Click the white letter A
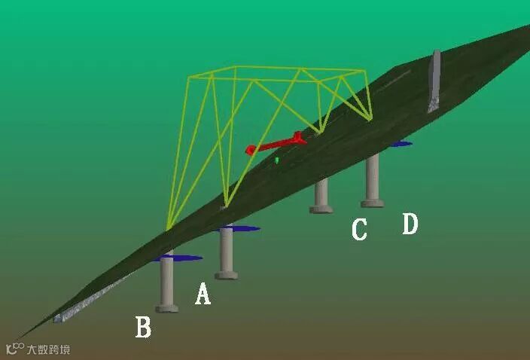(203, 293)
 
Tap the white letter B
(143, 327)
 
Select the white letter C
(359, 229)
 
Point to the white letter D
(410, 224)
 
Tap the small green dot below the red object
(277, 160)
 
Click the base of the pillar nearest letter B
(167, 307)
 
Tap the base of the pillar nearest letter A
(226, 275)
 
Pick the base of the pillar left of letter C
(321, 209)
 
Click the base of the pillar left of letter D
(372, 202)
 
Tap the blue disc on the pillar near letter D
(398, 143)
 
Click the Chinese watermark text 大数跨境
(48, 349)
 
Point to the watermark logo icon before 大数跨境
(14, 349)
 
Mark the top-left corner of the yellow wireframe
(188, 76)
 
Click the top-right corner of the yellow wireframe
(364, 72)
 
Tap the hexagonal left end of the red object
(251, 150)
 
